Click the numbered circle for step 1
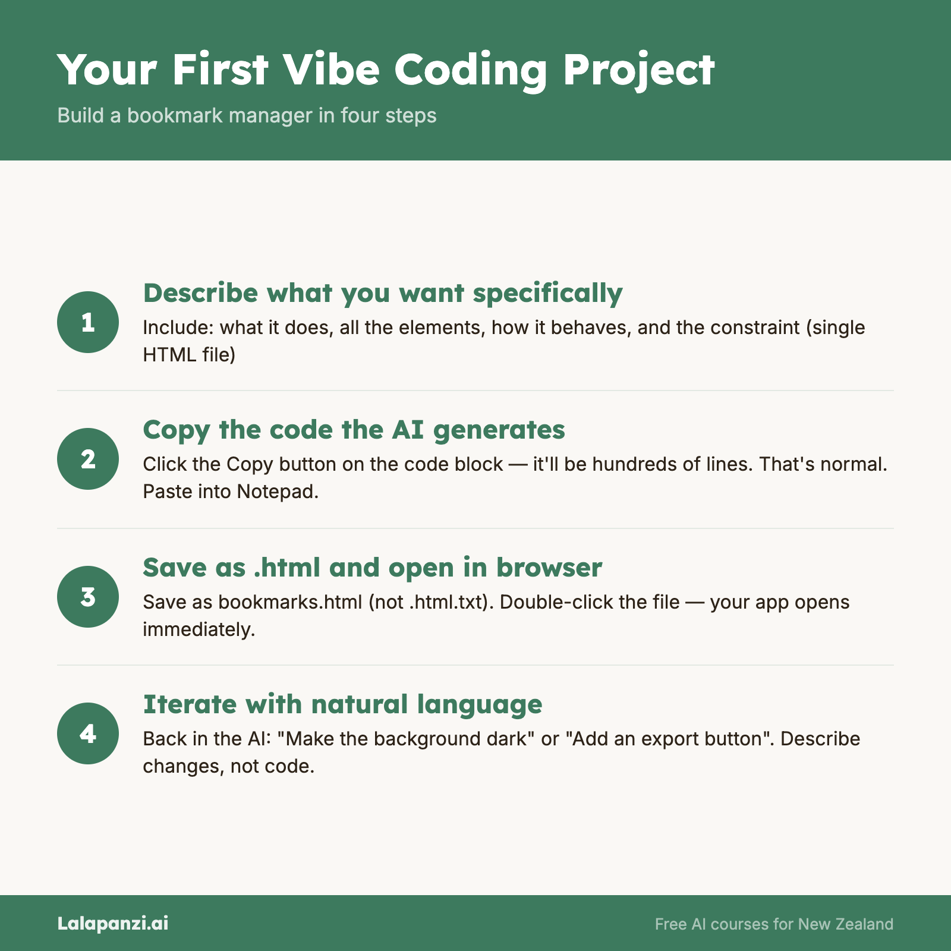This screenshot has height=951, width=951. pyautogui.click(x=88, y=322)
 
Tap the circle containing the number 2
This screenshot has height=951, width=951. pyautogui.click(x=88, y=459)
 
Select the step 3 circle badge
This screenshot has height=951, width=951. pyautogui.click(x=88, y=597)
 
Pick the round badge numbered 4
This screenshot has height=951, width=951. pyautogui.click(x=88, y=733)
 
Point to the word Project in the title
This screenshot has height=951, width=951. pyautogui.click(x=638, y=72)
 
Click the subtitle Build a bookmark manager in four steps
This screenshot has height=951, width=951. pyautogui.click(x=247, y=115)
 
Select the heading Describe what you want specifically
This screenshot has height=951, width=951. pyautogui.click(x=383, y=294)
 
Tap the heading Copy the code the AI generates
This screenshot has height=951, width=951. pyautogui.click(x=354, y=430)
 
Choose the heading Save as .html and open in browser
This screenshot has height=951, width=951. pyautogui.click(x=373, y=568)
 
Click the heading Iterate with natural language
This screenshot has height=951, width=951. pyautogui.click(x=342, y=705)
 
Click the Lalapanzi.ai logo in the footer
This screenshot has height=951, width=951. pyautogui.click(x=113, y=923)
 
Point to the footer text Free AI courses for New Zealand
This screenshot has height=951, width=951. pyautogui.click(x=774, y=924)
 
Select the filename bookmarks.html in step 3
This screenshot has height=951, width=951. pyautogui.click(x=290, y=602)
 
